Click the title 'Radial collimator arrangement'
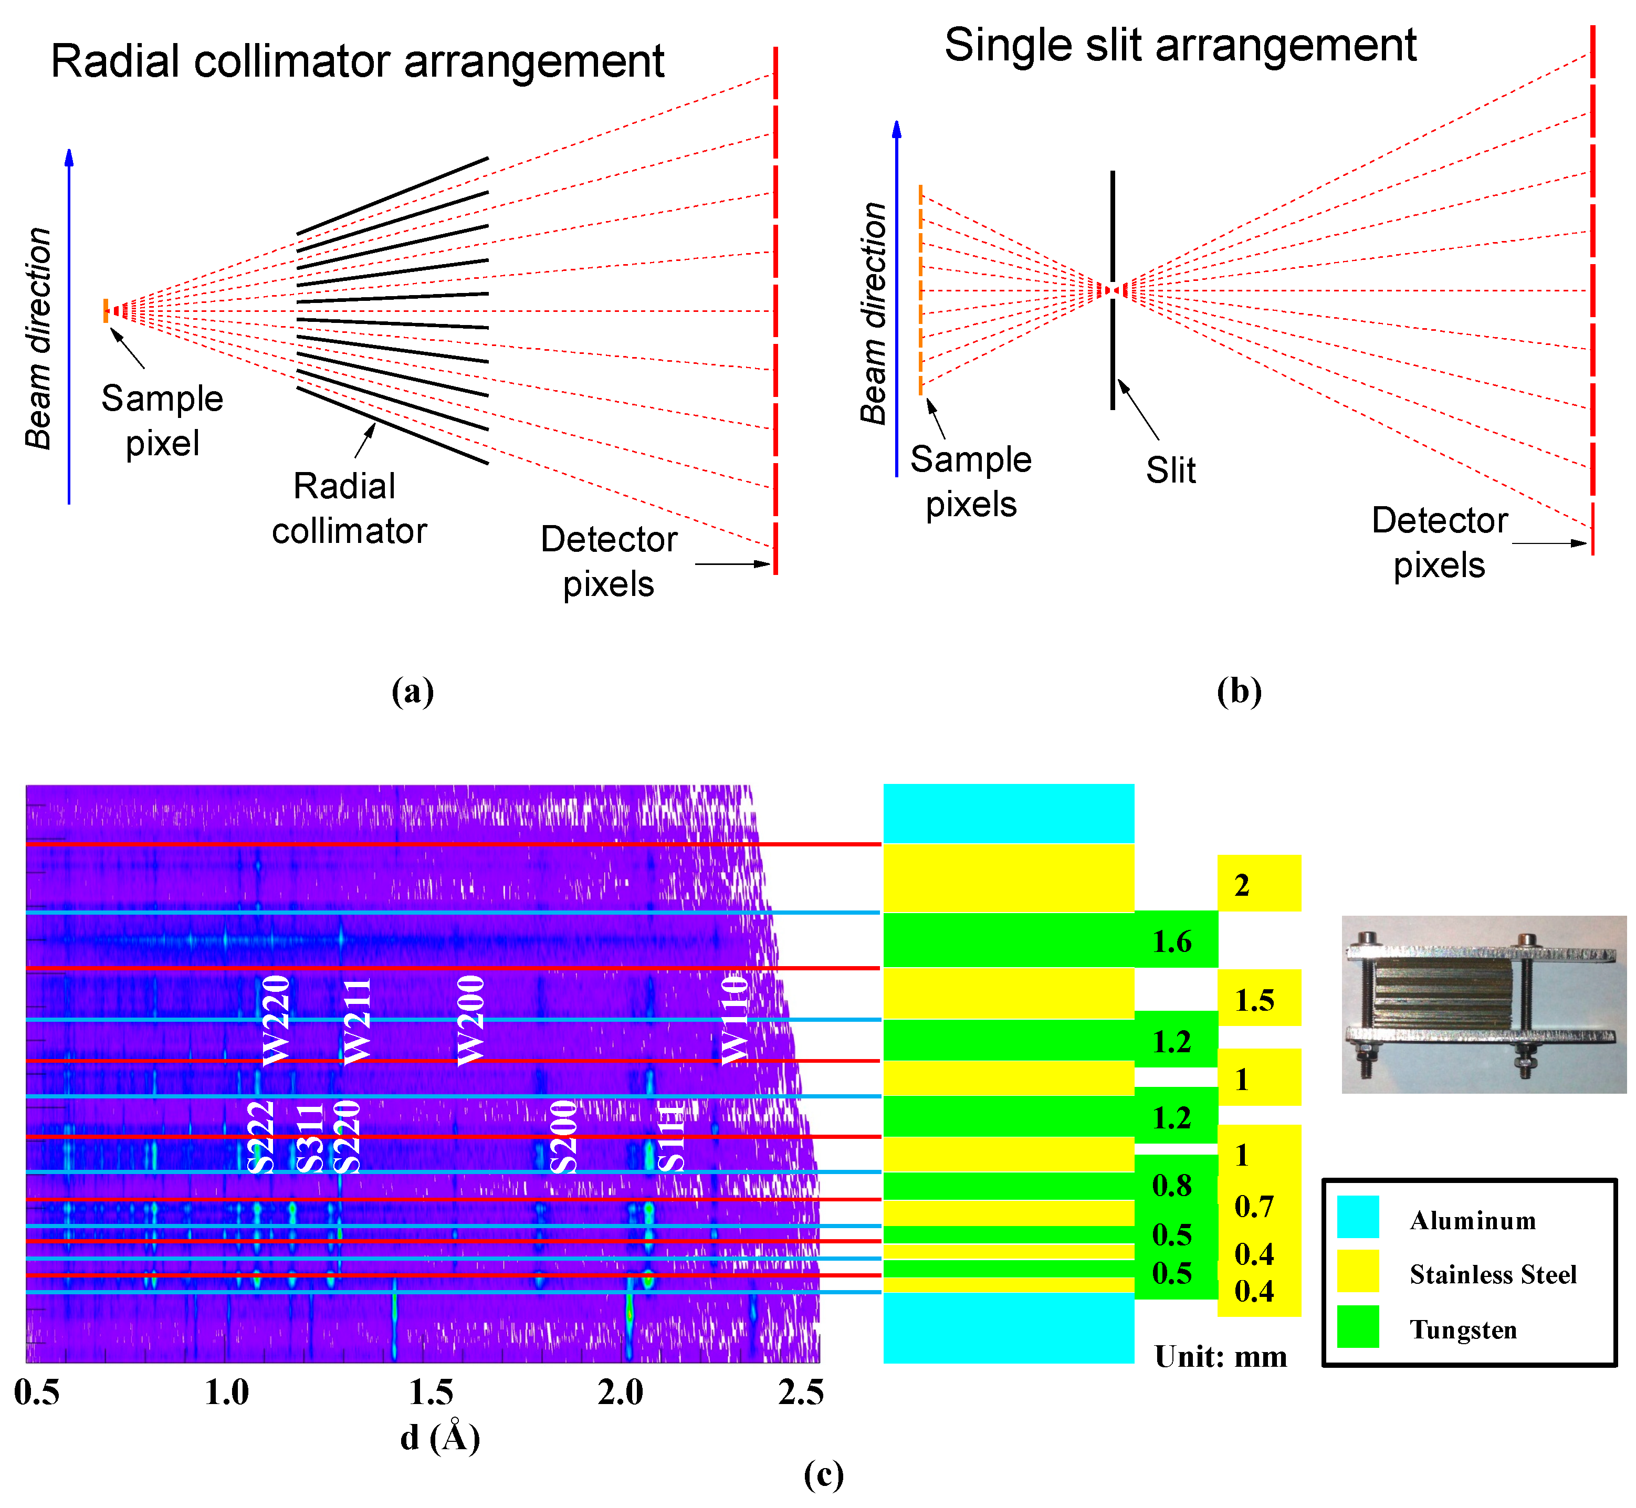[358, 61]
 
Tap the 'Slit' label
[1170, 471]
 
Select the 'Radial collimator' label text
[349, 508]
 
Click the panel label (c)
[823, 1474]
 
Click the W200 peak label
[471, 1020]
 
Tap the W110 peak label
[735, 1020]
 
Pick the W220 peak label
[275, 1020]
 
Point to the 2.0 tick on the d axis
[620, 1392]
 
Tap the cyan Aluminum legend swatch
[1358, 1217]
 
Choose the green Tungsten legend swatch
[1358, 1326]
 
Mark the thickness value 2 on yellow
[1242, 885]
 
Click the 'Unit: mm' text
[1221, 1357]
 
